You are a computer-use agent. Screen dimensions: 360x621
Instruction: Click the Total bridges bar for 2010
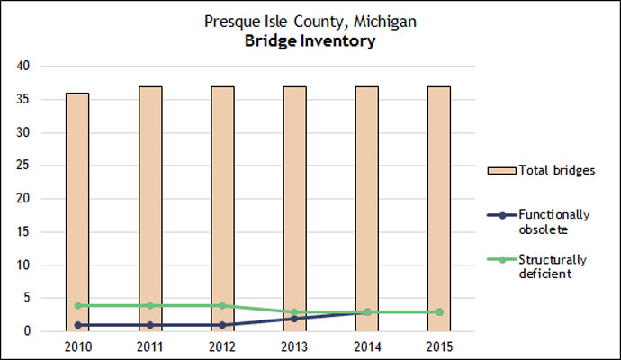pyautogui.click(x=78, y=211)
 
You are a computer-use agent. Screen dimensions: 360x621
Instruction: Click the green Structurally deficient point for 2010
pyautogui.click(x=78, y=305)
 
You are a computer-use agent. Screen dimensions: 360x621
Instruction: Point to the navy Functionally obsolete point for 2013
pyautogui.click(x=294, y=319)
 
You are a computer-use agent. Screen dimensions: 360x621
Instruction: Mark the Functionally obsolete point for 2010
pyautogui.click(x=78, y=325)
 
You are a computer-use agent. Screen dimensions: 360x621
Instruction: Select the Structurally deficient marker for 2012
pyautogui.click(x=222, y=305)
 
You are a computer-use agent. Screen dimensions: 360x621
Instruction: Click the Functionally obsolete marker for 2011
pyautogui.click(x=150, y=325)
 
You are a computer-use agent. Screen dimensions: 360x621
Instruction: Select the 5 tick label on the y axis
pyautogui.click(x=28, y=298)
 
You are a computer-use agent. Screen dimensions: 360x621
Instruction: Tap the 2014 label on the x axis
pyautogui.click(x=367, y=346)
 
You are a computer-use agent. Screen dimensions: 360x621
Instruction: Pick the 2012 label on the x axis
pyautogui.click(x=222, y=346)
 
